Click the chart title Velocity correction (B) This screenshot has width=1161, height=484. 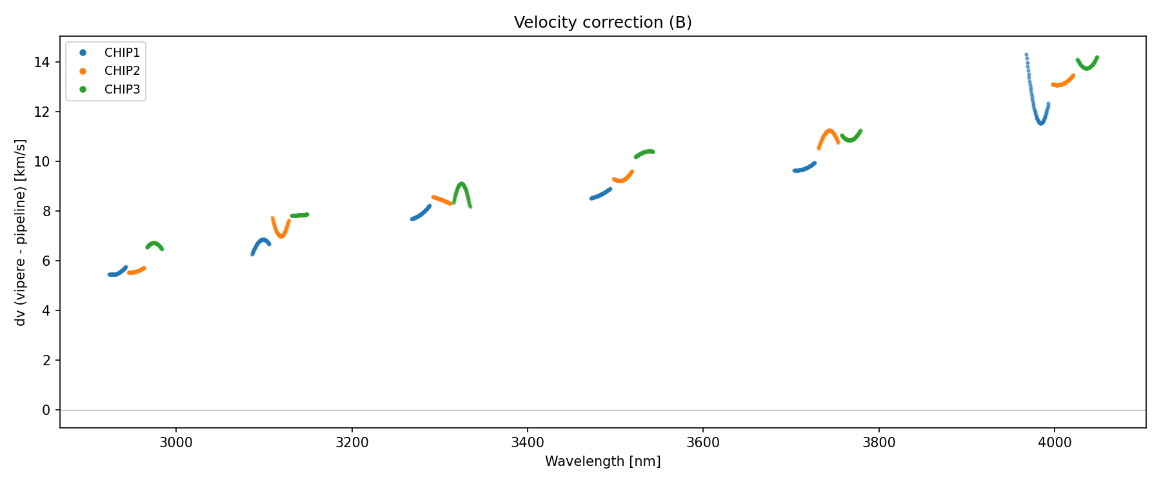click(602, 23)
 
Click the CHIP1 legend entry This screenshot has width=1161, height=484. click(122, 53)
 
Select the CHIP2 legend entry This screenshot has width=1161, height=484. click(122, 71)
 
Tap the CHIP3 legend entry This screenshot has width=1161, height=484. click(122, 90)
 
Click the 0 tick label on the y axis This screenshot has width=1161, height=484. click(46, 410)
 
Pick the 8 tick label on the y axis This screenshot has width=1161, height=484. click(46, 212)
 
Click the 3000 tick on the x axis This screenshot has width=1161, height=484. click(176, 443)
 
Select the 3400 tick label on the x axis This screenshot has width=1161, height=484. click(527, 443)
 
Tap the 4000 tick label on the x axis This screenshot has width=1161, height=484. click(1054, 443)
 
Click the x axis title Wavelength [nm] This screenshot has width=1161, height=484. click(602, 461)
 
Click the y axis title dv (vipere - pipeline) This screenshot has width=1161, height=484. click(21, 232)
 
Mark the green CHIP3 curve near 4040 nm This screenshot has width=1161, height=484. click(1088, 68)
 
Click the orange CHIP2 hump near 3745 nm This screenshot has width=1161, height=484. click(829, 130)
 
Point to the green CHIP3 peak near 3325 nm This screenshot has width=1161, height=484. click(461, 184)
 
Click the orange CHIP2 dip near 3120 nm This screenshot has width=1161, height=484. click(281, 236)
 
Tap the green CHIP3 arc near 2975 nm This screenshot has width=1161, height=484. click(154, 243)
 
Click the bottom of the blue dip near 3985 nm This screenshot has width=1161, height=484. click(1041, 123)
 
